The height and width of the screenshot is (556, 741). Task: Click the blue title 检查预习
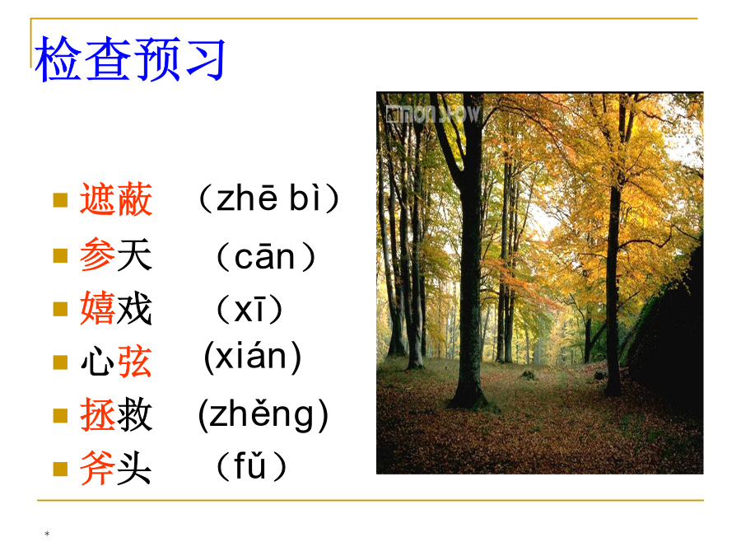click(130, 58)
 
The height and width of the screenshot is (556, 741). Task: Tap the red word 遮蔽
click(116, 199)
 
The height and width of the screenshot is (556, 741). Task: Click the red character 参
click(98, 255)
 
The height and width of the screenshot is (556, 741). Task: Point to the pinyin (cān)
click(266, 257)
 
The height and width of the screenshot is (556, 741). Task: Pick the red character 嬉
click(98, 308)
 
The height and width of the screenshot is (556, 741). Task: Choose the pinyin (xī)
click(249, 310)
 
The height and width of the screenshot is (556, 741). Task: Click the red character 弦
click(135, 362)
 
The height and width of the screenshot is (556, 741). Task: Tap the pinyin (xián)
click(253, 357)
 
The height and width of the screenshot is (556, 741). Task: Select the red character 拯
click(98, 414)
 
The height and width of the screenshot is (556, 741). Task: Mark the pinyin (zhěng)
click(263, 415)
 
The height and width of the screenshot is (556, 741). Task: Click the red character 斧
click(98, 468)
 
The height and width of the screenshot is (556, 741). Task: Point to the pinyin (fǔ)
click(251, 466)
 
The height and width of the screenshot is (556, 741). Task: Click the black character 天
click(135, 255)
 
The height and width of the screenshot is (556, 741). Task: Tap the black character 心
click(98, 362)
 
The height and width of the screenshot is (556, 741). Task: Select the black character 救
click(135, 414)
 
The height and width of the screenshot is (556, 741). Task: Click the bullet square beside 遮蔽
click(60, 200)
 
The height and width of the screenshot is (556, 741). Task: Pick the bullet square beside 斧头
click(60, 469)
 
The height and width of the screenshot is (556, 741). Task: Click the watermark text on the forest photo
click(433, 114)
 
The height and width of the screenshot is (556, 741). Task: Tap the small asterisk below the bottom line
click(47, 534)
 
